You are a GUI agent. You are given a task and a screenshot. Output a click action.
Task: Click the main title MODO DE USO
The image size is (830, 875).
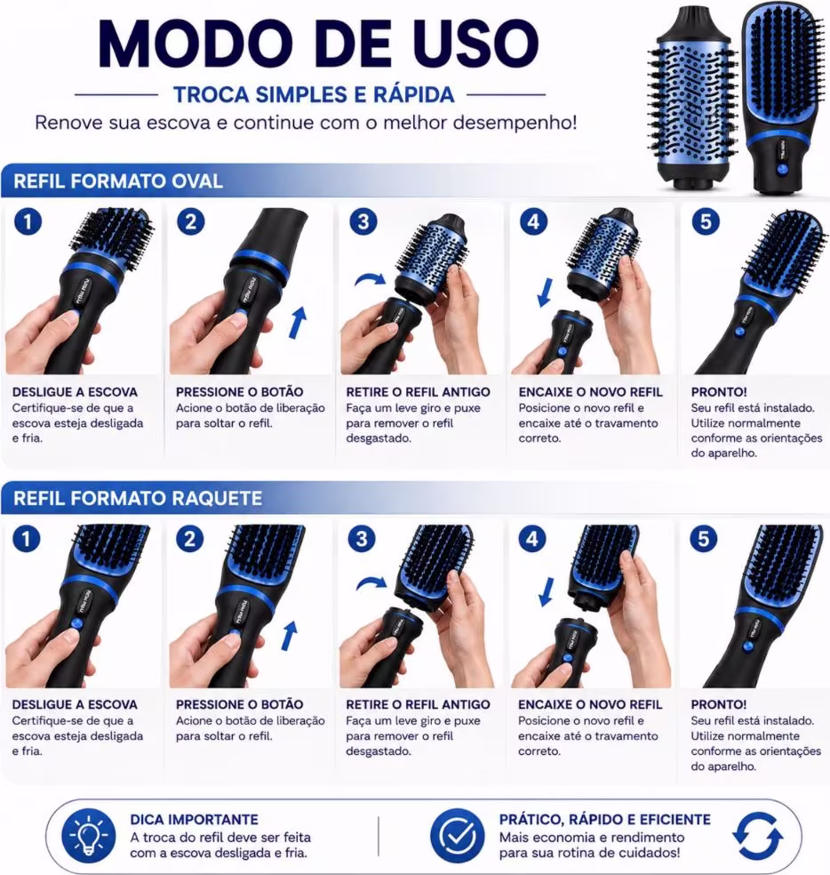[x=318, y=44]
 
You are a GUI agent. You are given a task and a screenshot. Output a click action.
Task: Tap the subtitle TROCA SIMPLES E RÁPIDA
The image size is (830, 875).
[x=314, y=94]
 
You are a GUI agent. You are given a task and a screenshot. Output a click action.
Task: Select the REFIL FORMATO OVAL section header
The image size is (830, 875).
[x=117, y=181]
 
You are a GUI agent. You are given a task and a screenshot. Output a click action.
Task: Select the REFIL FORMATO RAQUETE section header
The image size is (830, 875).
[x=137, y=498]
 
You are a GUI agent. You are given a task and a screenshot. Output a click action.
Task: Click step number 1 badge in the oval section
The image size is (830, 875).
[x=28, y=222]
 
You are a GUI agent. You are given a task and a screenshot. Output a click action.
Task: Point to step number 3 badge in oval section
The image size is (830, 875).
[x=363, y=221]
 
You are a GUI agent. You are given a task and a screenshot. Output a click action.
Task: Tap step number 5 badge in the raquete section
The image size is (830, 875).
[x=703, y=539]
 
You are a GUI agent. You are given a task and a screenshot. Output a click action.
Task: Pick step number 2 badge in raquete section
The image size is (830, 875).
[x=189, y=539]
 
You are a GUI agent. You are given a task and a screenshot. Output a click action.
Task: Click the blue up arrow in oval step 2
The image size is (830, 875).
[x=298, y=322]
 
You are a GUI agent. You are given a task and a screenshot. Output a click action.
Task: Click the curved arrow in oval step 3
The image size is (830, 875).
[x=370, y=278]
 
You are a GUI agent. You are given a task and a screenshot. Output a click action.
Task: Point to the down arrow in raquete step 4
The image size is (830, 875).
[x=547, y=591]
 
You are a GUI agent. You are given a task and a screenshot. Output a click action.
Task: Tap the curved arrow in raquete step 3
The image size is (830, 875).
[x=371, y=583]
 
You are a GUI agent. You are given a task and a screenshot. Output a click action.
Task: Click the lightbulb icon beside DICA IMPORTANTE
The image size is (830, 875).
[x=88, y=836]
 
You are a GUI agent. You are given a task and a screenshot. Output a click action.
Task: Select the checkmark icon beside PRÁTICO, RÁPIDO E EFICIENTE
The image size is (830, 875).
[x=457, y=835]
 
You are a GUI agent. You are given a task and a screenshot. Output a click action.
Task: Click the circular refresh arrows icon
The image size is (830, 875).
[x=757, y=836]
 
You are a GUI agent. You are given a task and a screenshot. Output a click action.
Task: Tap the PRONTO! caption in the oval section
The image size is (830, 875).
[x=718, y=392]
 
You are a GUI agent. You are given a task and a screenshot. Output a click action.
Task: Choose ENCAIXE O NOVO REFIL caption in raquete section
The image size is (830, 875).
[x=590, y=704]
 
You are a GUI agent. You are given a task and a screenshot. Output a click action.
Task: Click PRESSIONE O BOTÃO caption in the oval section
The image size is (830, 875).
[x=239, y=392]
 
